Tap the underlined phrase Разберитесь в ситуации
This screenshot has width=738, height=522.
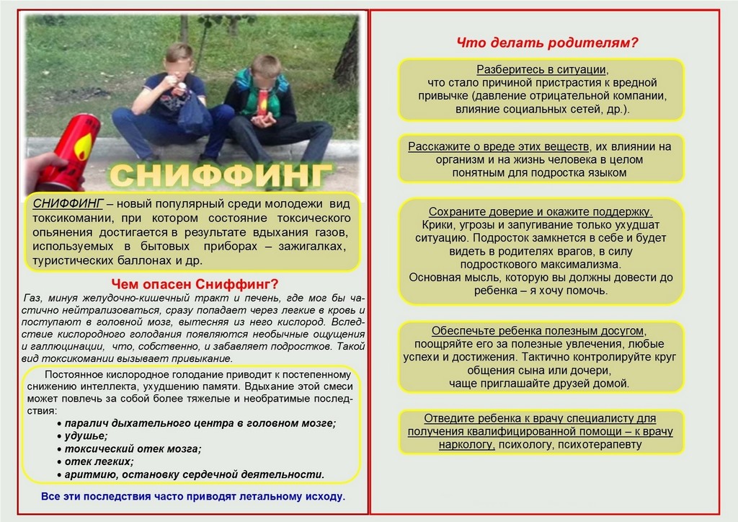(542, 69)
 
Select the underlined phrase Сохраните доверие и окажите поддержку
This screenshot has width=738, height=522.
(541, 212)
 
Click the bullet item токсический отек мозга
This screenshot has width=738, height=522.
(133, 448)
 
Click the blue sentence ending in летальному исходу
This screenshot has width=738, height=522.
(193, 497)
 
